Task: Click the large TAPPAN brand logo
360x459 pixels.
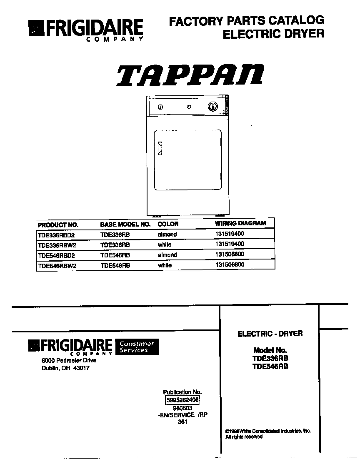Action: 190,75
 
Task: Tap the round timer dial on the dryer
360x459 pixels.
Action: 212,106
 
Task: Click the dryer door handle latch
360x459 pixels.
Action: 159,148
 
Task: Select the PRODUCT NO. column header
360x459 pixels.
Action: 58,224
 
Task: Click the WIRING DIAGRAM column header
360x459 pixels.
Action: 240,223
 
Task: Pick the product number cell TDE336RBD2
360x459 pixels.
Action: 56,234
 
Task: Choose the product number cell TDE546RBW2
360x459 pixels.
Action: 57,265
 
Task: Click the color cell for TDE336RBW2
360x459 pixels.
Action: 165,244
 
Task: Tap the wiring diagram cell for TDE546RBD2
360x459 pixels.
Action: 229,254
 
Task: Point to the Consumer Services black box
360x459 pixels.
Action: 137,347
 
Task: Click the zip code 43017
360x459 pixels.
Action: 81,368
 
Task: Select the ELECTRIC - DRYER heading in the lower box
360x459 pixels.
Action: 270,334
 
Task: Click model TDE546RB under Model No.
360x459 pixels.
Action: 270,367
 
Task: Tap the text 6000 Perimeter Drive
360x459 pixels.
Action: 69,360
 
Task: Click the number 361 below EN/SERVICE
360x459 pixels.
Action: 182,422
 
